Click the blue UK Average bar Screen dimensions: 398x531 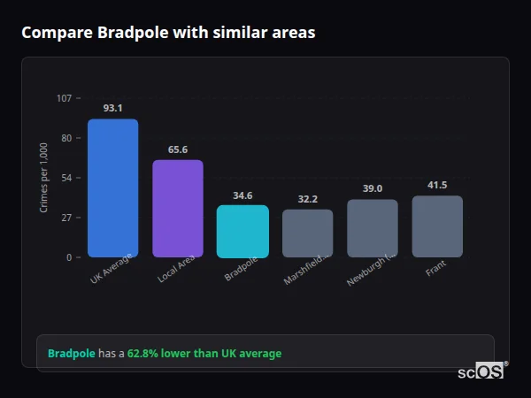click(x=112, y=188)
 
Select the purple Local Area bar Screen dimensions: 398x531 click(x=178, y=209)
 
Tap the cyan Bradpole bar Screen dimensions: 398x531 click(x=242, y=232)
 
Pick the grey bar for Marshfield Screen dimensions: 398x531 click(x=308, y=233)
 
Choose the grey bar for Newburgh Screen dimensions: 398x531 click(x=373, y=228)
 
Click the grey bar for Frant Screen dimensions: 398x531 click(x=437, y=226)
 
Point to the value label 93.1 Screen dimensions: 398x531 click(x=112, y=109)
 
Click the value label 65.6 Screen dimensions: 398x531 click(x=178, y=149)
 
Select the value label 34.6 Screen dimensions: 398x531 click(x=242, y=195)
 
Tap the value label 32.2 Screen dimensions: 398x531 click(x=308, y=199)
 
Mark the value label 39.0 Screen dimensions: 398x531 click(x=373, y=188)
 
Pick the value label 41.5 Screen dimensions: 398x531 click(x=437, y=185)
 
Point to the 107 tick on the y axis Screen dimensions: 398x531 click(x=64, y=98)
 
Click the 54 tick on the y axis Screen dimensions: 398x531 click(x=66, y=178)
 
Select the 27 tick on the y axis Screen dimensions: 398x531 click(x=66, y=218)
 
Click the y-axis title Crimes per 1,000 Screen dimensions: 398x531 click(x=44, y=178)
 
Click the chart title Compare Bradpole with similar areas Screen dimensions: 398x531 click(x=168, y=33)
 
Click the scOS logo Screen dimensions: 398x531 click(x=481, y=371)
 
